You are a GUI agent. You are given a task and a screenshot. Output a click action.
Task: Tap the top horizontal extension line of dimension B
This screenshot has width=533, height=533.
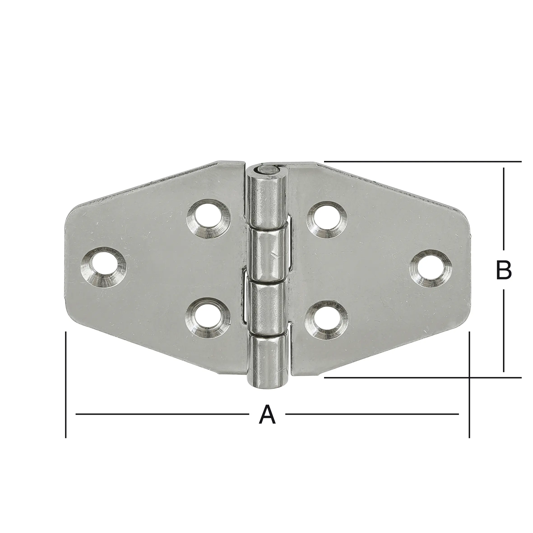422,161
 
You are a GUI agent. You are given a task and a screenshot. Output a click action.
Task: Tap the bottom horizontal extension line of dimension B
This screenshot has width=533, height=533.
422,377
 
